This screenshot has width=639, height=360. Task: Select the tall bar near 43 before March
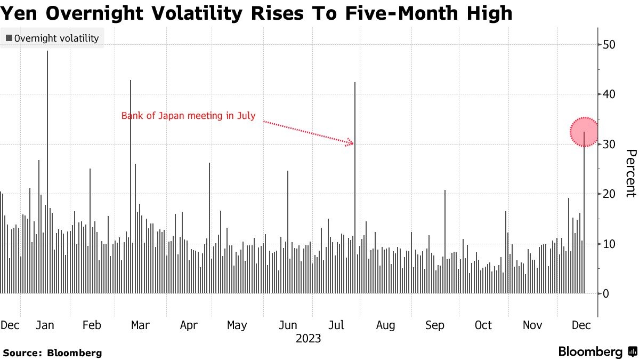point(131,187)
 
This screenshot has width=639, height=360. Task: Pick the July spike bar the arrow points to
point(355,187)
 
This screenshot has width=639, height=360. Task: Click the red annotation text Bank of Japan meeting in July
point(189,115)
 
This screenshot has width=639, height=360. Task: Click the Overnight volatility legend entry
point(52,38)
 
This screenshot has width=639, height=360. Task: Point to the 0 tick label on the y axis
point(606,294)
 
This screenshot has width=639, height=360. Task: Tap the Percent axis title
point(630,173)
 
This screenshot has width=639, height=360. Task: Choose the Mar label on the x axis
point(140,325)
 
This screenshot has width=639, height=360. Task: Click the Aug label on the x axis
point(385,325)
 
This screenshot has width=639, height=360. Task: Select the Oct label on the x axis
point(483,325)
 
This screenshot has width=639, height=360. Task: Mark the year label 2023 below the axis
point(308,339)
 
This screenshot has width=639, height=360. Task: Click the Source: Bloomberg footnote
point(52,353)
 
